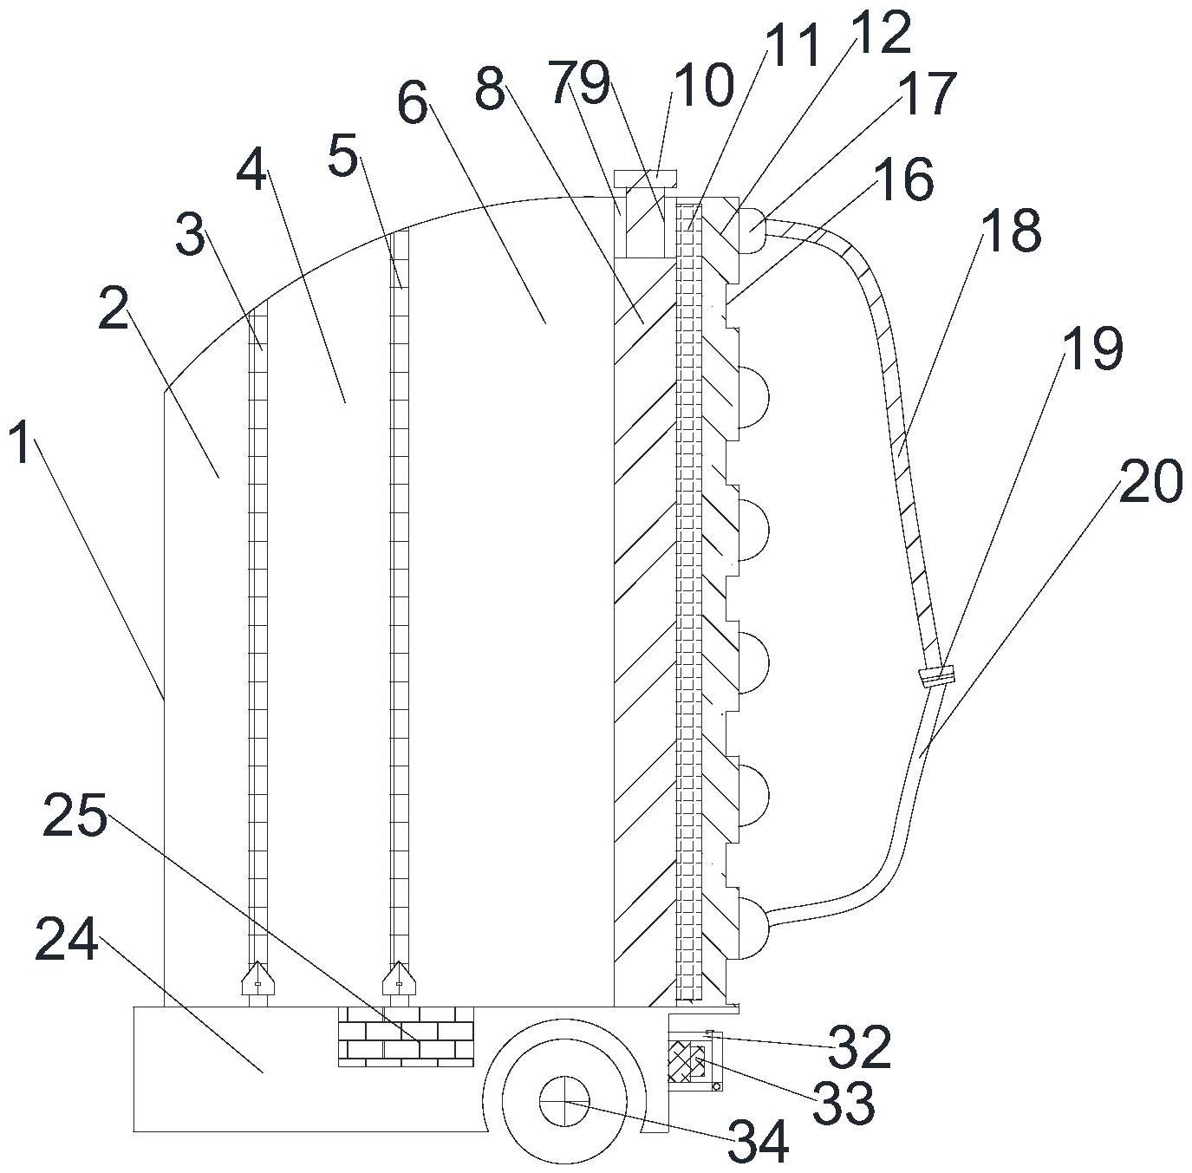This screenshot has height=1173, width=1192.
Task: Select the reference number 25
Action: click(x=75, y=816)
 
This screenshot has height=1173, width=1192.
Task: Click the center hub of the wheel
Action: click(x=563, y=1102)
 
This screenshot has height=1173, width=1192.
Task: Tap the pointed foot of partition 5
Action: click(x=399, y=978)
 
